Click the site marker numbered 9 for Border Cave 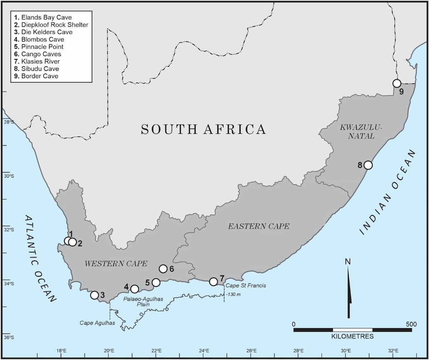[x=396, y=83]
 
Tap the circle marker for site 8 [x=368, y=165]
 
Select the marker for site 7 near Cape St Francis [x=213, y=281]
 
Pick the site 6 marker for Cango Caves [x=163, y=269]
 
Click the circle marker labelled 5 [x=156, y=282]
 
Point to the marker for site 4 [x=135, y=289]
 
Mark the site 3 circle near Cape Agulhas [x=94, y=295]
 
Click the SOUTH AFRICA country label [x=203, y=129]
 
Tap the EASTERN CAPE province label [x=259, y=226]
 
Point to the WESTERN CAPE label [x=116, y=264]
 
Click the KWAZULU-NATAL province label [x=355, y=131]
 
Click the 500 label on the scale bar [x=411, y=324]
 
